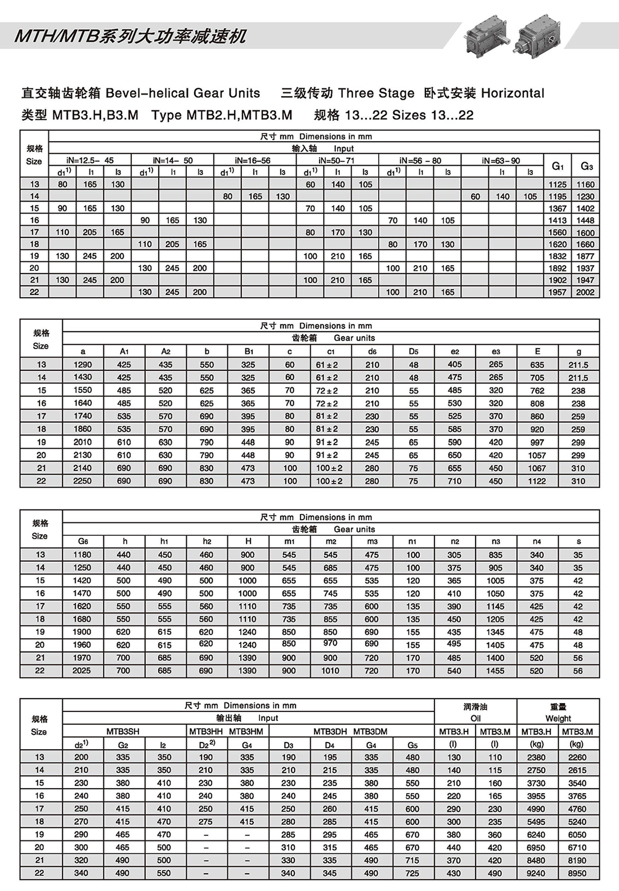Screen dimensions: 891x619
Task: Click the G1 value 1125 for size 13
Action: pos(557,185)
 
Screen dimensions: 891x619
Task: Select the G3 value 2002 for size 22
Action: pos(585,292)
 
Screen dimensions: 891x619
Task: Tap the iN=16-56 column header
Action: pos(255,160)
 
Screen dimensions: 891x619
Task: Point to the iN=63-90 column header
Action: pos(502,160)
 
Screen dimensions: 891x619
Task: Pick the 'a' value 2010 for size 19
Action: pos(83,442)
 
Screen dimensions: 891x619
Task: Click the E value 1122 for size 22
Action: pos(537,481)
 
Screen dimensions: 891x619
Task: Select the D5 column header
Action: pos(414,351)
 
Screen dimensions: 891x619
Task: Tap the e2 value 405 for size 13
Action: pos(455,365)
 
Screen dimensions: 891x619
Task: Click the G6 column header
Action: pos(83,541)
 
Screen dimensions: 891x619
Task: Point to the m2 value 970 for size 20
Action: pos(330,643)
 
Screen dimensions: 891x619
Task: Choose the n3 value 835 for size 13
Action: pos(495,555)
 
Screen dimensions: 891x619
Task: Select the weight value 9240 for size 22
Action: pos(536,874)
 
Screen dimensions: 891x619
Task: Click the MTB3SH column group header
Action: pos(123,732)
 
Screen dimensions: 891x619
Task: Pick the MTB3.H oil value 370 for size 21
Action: pos(454,861)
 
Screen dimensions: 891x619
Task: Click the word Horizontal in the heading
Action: pos(513,93)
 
